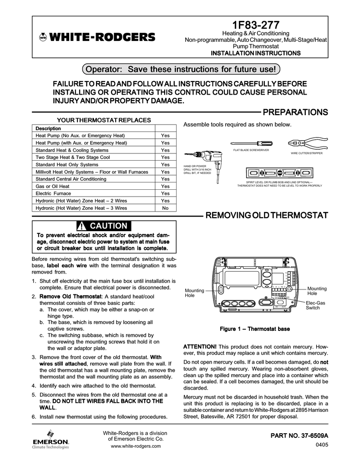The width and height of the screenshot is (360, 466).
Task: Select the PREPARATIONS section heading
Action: coord(295,112)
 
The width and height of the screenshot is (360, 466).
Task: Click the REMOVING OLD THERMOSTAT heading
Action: coord(267,215)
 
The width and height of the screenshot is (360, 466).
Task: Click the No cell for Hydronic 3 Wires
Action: coord(165,208)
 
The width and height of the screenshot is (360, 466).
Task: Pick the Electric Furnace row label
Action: coord(52,193)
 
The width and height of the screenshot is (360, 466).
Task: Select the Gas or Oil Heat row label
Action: coord(52,186)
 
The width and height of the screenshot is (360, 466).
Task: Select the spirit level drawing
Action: coord(279,173)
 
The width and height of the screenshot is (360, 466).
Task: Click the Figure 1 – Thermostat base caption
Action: coord(255,329)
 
